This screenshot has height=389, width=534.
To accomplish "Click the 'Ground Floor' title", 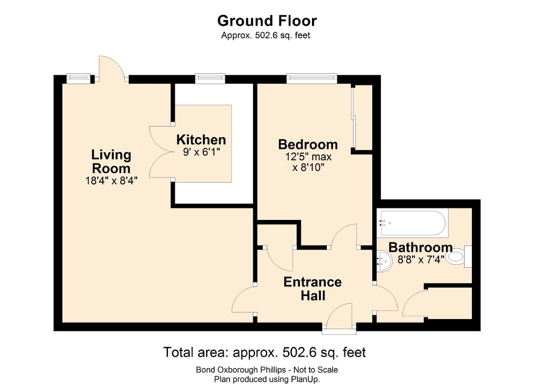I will [x=266, y=21].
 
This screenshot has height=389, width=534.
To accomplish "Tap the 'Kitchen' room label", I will [x=201, y=140].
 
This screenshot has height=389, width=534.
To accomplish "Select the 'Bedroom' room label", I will [x=307, y=144].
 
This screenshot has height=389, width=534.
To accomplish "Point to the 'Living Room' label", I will [x=111, y=161].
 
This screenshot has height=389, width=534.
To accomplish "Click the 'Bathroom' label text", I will [x=420, y=247].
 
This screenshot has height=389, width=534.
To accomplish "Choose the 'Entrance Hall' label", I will [x=313, y=288].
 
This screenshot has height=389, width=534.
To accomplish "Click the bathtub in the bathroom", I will [x=413, y=223].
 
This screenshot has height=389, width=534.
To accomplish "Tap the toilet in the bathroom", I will [x=458, y=257].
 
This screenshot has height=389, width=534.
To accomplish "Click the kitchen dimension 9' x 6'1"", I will [x=201, y=152].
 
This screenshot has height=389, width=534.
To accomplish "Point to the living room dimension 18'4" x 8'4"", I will [x=111, y=181].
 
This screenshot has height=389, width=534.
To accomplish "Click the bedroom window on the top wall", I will [x=311, y=79].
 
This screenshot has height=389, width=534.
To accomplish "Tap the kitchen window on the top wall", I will [x=210, y=79].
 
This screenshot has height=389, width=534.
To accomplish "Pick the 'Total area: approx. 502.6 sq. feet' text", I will [x=265, y=352].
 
